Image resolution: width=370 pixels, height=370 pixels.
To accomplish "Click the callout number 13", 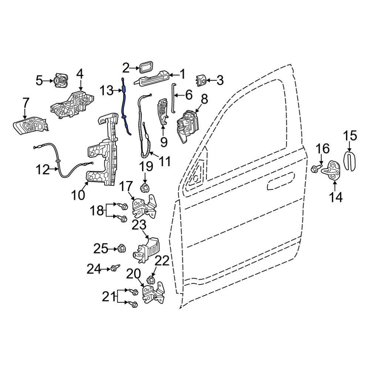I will pos(107,90).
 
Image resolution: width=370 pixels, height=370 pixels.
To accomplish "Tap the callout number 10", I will pos(78,195).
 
